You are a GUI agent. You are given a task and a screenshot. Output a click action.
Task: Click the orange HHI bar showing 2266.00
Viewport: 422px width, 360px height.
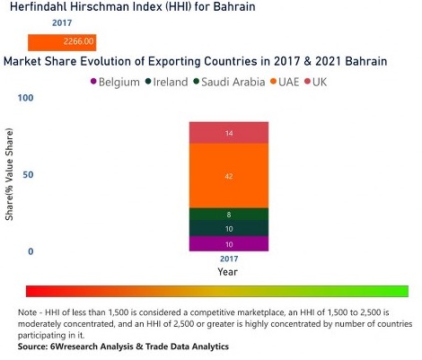point(61,41)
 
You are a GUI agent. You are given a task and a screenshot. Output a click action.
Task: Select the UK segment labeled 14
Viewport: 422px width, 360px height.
point(228,133)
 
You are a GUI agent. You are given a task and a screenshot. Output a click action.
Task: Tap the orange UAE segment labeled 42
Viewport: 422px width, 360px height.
point(228,176)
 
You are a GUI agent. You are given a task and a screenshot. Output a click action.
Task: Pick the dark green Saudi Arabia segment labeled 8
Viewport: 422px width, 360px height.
point(228,215)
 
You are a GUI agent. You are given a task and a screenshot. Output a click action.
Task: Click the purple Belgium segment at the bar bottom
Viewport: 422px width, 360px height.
point(228,243)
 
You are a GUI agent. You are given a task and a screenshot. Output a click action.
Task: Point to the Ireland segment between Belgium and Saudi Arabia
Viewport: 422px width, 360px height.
point(228,229)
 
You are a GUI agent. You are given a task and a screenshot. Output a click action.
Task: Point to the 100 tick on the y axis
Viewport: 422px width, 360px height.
point(26,97)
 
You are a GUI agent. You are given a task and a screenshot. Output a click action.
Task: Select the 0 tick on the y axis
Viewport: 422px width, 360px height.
point(31,251)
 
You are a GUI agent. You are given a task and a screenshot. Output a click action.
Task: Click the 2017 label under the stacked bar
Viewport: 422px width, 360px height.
point(228,259)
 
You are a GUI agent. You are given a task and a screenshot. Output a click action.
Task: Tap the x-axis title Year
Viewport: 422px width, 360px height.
point(228,271)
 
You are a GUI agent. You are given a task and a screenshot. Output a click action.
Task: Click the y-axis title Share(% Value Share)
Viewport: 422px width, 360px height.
point(10,187)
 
